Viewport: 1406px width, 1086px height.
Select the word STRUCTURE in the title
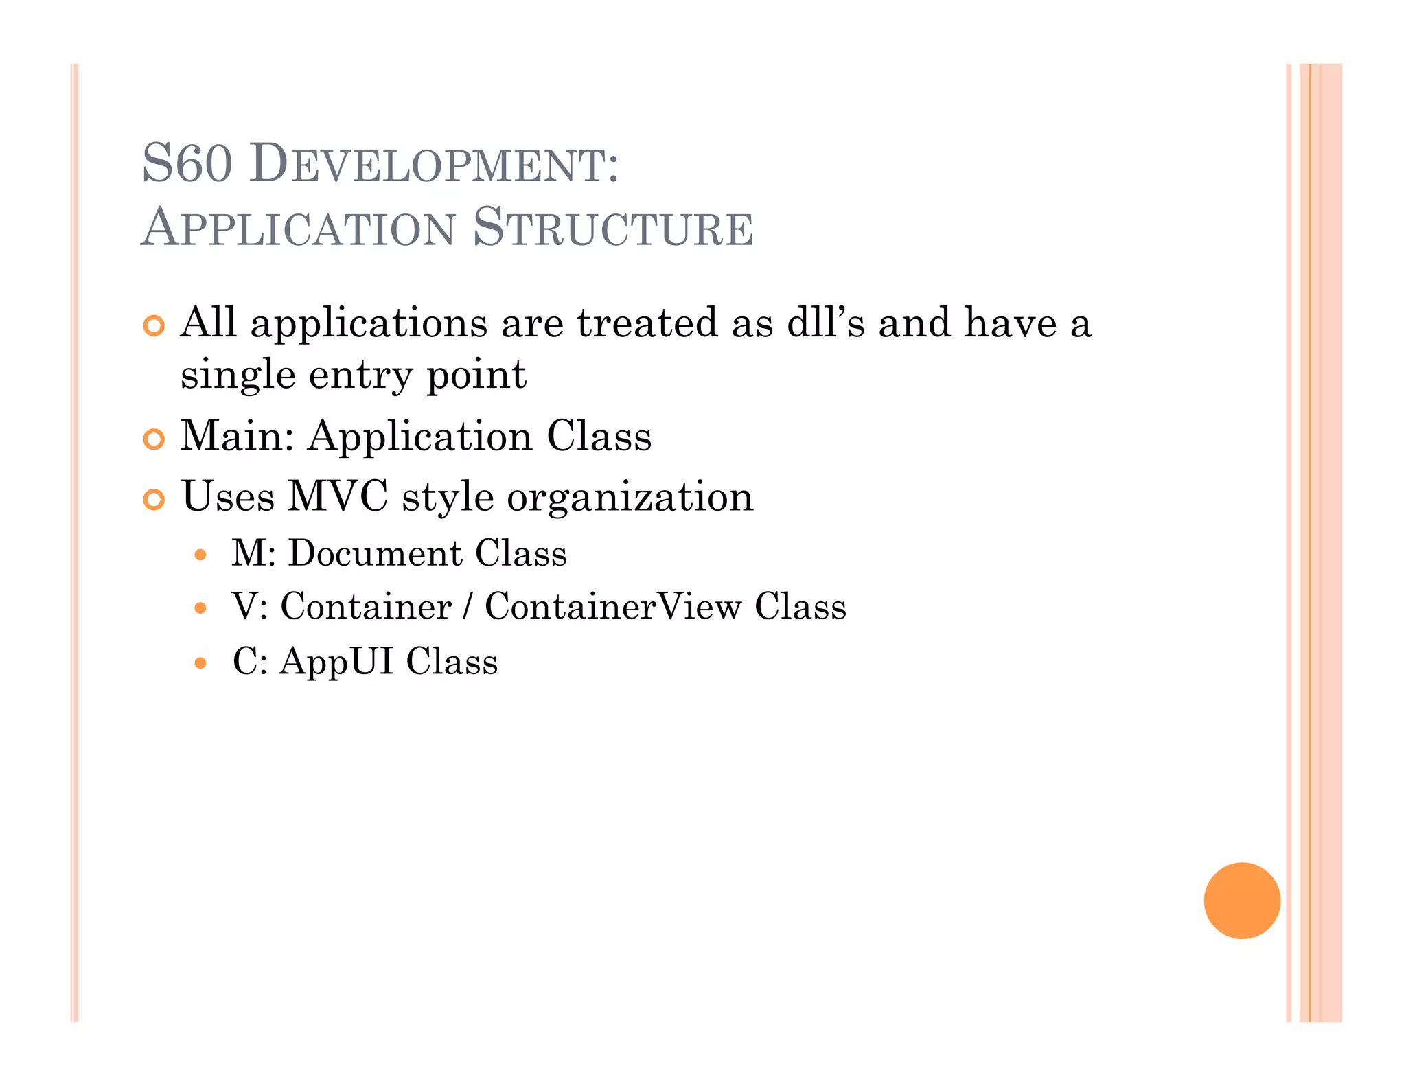(x=613, y=227)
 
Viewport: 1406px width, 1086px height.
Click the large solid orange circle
(x=1241, y=900)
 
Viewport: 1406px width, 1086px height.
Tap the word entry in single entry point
(x=360, y=375)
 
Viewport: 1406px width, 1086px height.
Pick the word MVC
(x=337, y=496)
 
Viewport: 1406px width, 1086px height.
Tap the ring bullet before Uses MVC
(x=154, y=500)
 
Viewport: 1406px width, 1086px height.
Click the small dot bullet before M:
(x=200, y=555)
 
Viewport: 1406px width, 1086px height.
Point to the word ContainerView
(x=613, y=606)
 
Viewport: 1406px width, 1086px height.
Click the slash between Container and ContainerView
(x=468, y=606)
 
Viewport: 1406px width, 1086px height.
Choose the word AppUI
(x=336, y=662)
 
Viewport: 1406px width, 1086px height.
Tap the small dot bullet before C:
(x=200, y=663)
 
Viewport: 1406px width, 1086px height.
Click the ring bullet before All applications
(x=154, y=326)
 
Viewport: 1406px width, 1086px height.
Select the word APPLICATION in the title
(x=299, y=227)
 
